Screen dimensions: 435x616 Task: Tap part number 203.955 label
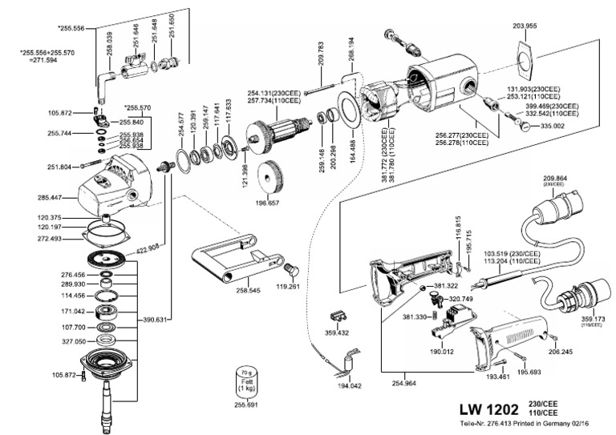525,26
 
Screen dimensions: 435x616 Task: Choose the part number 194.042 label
351,385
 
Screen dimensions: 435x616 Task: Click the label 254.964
405,385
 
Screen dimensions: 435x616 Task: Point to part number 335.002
553,126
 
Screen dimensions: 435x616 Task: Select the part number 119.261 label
287,285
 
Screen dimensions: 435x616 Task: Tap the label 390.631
156,320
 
